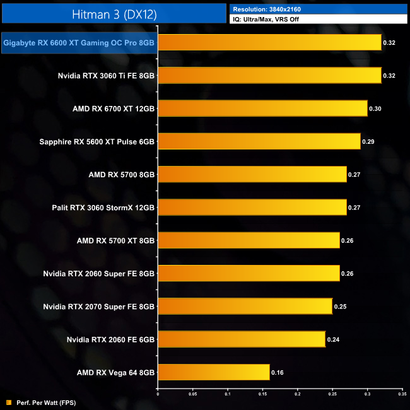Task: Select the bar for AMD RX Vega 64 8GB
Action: click(x=213, y=372)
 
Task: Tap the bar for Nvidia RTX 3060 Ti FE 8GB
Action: click(x=269, y=76)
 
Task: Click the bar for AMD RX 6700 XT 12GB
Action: click(x=262, y=108)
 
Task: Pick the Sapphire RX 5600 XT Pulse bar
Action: click(x=259, y=141)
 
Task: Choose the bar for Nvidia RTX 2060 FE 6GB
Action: click(x=242, y=339)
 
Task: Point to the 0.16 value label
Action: click(x=278, y=373)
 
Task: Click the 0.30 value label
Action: click(x=375, y=109)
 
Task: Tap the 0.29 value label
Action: click(x=368, y=142)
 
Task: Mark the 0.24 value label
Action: click(x=334, y=340)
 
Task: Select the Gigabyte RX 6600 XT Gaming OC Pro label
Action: click(x=79, y=44)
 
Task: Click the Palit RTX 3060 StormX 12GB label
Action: click(x=103, y=207)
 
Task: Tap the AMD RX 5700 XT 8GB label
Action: click(x=115, y=240)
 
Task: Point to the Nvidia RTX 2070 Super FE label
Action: click(x=99, y=307)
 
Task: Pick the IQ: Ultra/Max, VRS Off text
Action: click(x=271, y=20)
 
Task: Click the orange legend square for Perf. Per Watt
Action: click(x=8, y=402)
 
